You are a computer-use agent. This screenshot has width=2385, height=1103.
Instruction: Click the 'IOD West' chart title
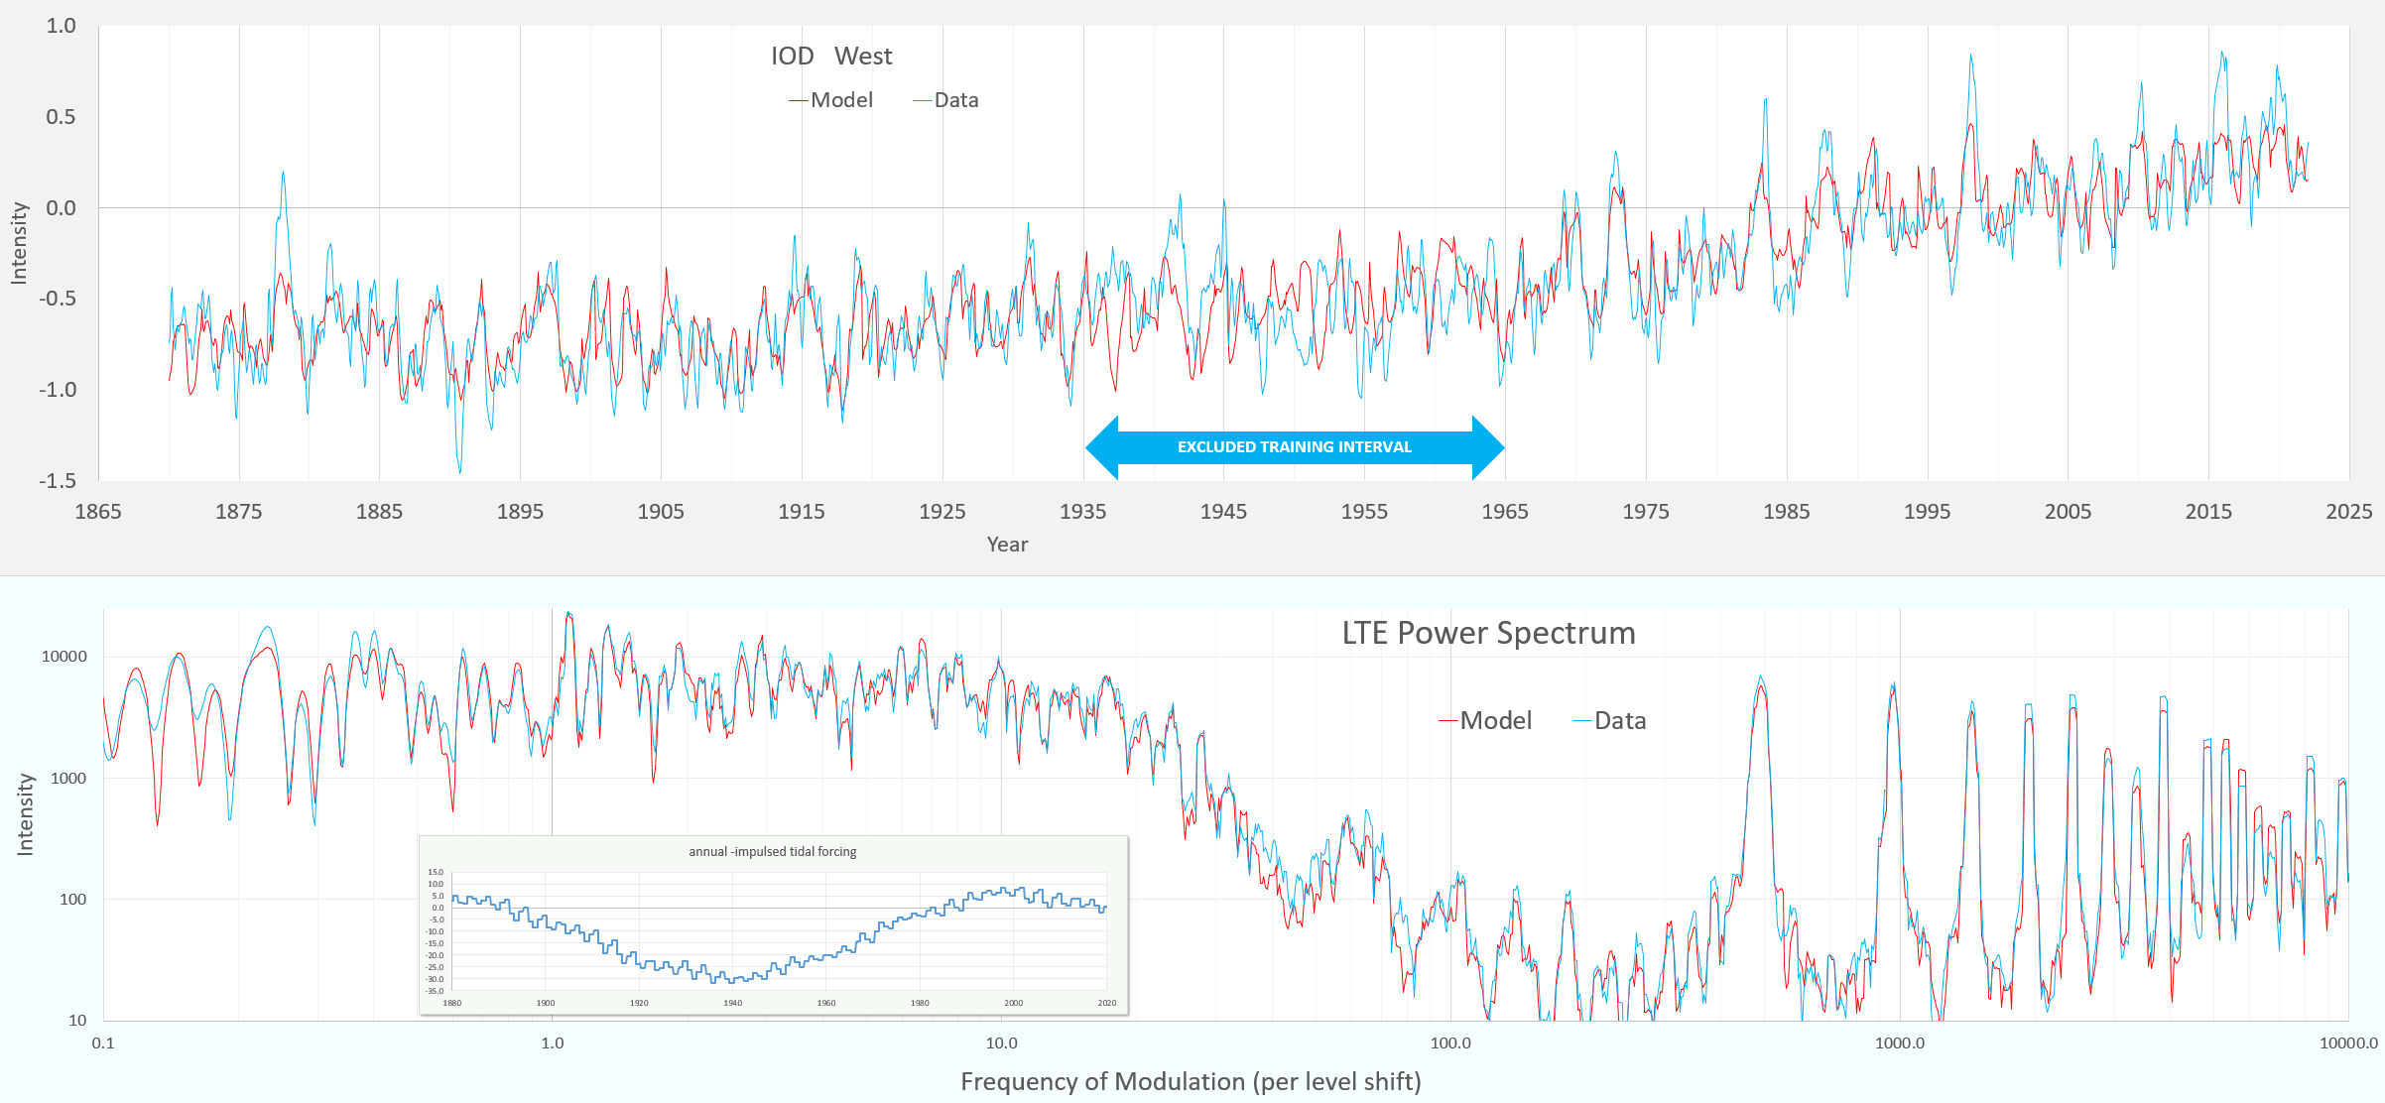click(831, 57)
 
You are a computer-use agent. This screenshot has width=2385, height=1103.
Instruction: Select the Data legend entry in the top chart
click(946, 100)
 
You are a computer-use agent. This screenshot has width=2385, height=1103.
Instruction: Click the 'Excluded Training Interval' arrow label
click(1294, 447)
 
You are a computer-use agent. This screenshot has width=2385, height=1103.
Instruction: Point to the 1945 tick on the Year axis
click(1223, 512)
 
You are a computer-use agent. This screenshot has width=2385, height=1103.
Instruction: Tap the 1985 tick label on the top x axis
click(1786, 512)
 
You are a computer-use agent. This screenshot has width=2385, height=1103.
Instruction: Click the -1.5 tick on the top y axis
click(58, 481)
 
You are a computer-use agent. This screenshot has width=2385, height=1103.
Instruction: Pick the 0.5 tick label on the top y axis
click(61, 117)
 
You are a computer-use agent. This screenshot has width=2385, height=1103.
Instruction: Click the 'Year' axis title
click(1007, 545)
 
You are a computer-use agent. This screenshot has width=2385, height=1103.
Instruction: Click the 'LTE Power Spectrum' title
click(1488, 633)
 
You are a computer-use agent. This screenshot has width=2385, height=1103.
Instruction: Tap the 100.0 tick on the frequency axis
click(1450, 1043)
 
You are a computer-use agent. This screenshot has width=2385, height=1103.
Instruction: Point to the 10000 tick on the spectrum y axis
click(63, 657)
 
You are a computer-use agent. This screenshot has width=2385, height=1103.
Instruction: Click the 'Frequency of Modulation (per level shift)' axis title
click(1191, 1081)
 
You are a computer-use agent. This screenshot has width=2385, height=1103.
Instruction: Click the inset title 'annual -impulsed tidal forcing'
click(772, 852)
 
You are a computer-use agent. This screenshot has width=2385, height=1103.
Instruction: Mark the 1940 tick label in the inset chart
click(732, 1003)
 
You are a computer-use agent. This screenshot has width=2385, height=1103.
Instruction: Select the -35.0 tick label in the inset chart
click(435, 991)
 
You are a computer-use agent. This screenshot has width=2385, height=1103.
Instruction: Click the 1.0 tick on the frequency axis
click(553, 1043)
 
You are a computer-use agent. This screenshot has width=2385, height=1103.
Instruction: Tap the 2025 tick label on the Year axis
click(2348, 512)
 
